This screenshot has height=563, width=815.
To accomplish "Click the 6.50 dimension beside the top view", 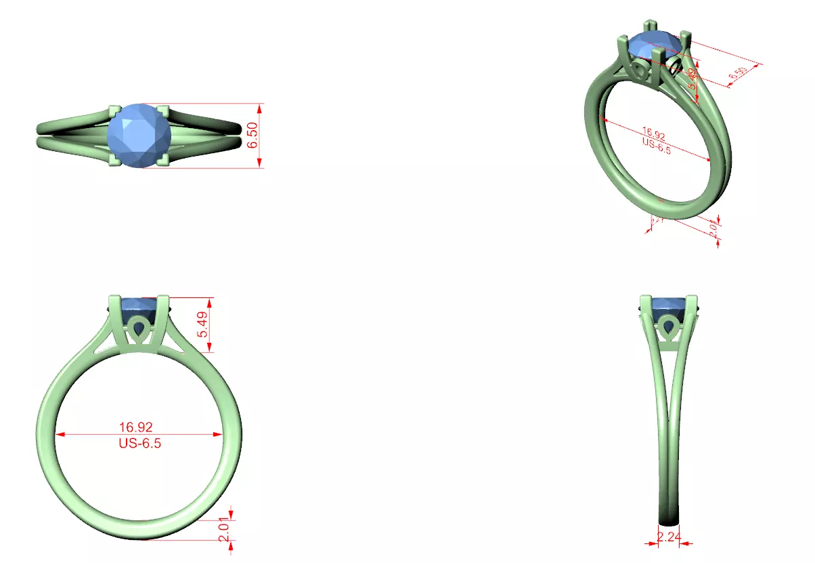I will pyautogui.click(x=252, y=135).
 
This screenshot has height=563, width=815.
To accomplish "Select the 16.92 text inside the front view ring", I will pyautogui.click(x=136, y=427).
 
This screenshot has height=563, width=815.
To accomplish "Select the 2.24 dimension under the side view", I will pyautogui.click(x=669, y=537).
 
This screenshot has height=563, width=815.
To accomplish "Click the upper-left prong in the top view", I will pyautogui.click(x=115, y=110).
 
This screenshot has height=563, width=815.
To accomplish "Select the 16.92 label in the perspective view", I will pyautogui.click(x=653, y=134).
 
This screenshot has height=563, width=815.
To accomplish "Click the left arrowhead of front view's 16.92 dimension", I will pyautogui.click(x=60, y=434).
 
